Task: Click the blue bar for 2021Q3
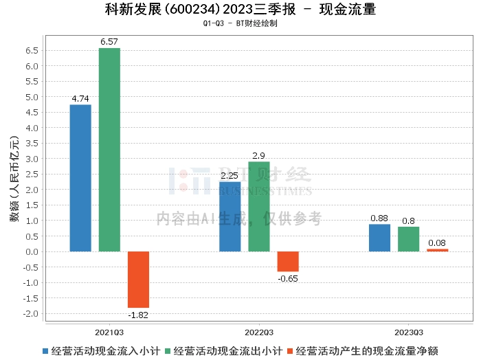tap(80, 178)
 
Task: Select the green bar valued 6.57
tap(109, 150)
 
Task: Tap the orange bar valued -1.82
tap(138, 279)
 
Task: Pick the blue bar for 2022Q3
tap(230, 216)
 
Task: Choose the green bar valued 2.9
tap(258, 206)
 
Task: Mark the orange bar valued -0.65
tap(287, 261)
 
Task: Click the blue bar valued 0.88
tap(379, 238)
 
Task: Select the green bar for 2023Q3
tap(408, 239)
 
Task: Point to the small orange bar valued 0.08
tap(437, 250)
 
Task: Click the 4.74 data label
tap(80, 99)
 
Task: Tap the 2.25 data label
tap(230, 176)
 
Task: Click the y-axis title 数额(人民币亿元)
tap(13, 182)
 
